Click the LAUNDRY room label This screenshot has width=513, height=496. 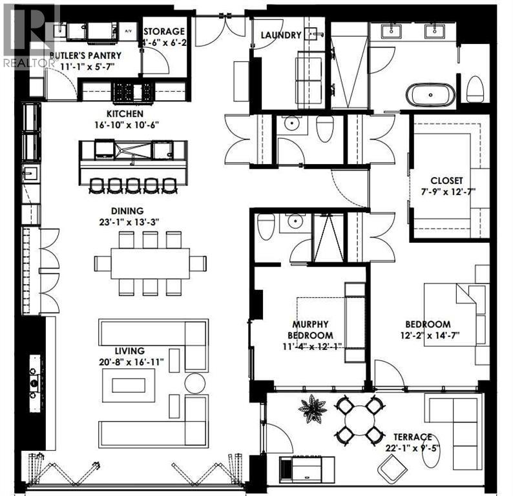[281, 35]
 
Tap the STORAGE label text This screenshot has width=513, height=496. [165, 31]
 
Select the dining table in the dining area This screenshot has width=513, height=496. [151, 263]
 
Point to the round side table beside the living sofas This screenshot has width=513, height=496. [194, 383]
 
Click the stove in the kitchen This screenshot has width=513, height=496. [133, 92]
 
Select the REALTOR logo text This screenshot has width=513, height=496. [29, 63]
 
